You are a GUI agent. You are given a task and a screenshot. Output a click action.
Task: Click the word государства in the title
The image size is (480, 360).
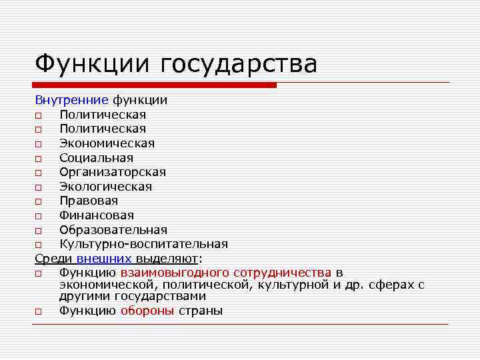tap(239, 65)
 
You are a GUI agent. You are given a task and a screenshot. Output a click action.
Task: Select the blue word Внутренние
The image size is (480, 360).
tap(71, 100)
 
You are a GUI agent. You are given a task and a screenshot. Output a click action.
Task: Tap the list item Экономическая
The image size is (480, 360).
tap(107, 143)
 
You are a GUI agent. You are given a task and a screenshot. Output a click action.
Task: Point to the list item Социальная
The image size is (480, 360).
tap(96, 158)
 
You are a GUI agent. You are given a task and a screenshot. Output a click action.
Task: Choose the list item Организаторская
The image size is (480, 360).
tap(113, 172)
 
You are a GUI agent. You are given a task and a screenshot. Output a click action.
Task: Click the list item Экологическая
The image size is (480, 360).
tap(105, 187)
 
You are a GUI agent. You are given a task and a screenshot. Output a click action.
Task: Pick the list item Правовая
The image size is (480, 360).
tap(89, 201)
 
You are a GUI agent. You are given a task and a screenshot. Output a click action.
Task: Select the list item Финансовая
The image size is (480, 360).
tap(97, 215)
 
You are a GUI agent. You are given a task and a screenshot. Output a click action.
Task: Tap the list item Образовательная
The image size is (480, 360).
tap(113, 230)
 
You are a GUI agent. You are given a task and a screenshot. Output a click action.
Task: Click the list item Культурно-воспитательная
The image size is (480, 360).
tap(143, 244)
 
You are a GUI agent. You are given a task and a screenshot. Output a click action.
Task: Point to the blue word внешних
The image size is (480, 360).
tap(104, 259)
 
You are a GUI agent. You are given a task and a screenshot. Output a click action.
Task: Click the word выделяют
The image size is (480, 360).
tap(167, 259)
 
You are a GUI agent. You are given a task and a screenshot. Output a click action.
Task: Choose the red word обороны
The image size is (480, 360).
tap(147, 311)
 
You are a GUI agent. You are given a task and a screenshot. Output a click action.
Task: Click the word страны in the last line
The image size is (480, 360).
tap(201, 311)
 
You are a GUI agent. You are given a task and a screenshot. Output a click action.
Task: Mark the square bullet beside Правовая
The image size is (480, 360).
tap(39, 201)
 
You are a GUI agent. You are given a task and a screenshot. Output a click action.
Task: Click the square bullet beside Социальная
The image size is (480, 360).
tap(39, 159)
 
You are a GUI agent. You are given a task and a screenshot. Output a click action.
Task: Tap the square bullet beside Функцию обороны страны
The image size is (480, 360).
tap(39, 311)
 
